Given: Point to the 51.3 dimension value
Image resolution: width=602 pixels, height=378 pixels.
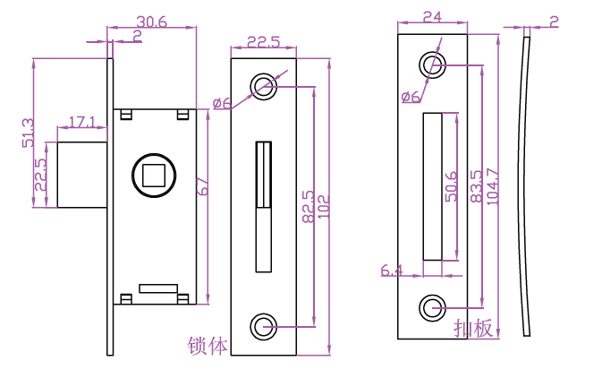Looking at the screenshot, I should pos(28,133).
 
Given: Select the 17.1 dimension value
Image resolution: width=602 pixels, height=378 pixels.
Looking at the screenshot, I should pos(81,121).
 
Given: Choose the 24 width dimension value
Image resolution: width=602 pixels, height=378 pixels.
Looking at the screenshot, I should pos(432,15).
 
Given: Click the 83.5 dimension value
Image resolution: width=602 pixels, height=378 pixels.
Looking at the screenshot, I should pos(476,185).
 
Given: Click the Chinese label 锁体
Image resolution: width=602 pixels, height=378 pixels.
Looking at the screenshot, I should pos(208,346).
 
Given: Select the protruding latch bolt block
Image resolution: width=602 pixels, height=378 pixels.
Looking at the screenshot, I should pos(82,174).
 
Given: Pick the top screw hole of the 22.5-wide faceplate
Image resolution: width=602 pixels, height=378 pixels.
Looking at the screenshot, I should pos(263,84).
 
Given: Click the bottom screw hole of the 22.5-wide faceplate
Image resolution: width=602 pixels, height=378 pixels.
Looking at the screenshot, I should pos(263,327).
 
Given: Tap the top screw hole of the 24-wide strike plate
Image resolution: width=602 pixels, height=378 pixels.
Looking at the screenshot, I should pos(432,64).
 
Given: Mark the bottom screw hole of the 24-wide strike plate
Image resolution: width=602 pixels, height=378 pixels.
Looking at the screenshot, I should pos(432,307).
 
